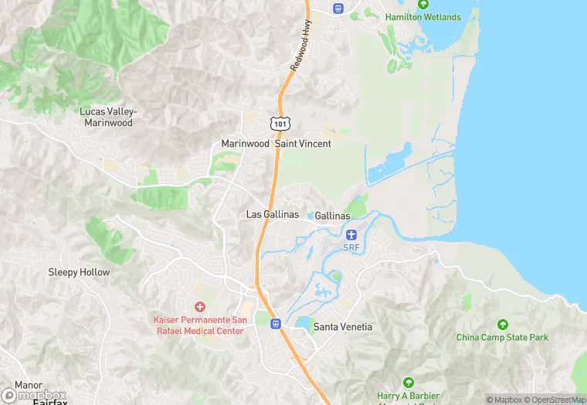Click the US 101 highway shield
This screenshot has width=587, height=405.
pyautogui.click(x=280, y=124)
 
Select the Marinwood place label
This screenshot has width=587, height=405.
pyautogui.click(x=245, y=144)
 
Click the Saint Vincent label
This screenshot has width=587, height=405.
pyautogui.click(x=304, y=144)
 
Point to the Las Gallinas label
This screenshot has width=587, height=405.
pyautogui.click(x=273, y=214)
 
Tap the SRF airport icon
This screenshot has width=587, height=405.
pyautogui.click(x=351, y=234)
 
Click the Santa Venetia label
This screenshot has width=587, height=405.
pyautogui.click(x=342, y=327)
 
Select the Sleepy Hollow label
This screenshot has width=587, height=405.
pyautogui.click(x=79, y=272)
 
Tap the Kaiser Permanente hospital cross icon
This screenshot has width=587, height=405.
pyautogui.click(x=200, y=308)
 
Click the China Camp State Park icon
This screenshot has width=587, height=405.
pyautogui.click(x=503, y=325)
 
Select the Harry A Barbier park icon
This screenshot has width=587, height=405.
pyautogui.click(x=408, y=382)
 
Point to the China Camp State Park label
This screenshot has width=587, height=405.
pyautogui.click(x=502, y=337)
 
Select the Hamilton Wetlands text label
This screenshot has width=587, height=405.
pyautogui.click(x=422, y=17)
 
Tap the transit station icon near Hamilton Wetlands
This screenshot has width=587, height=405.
pyautogui.click(x=338, y=8)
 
